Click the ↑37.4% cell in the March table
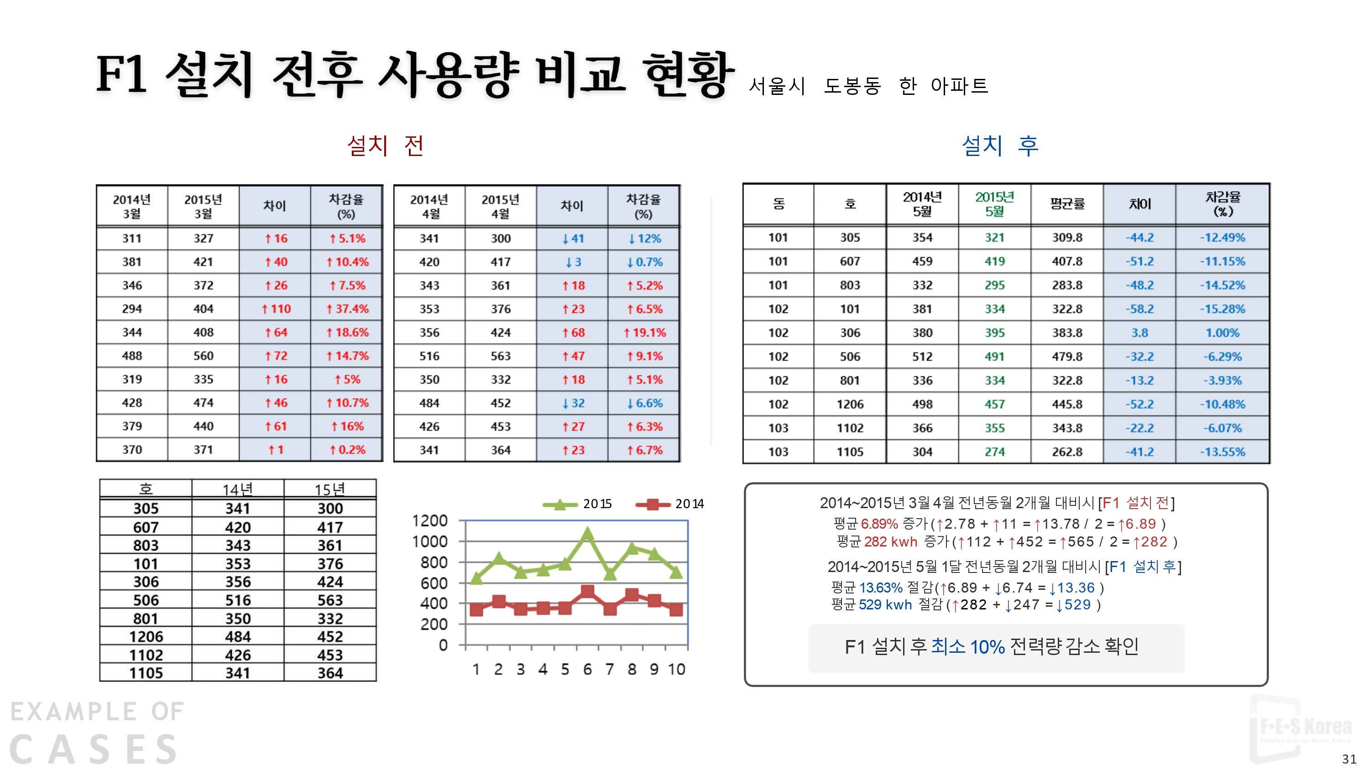pyautogui.click(x=346, y=309)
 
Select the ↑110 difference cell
pyautogui.click(x=275, y=309)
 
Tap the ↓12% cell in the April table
pyautogui.click(x=643, y=239)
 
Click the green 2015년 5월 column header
pyautogui.click(x=994, y=204)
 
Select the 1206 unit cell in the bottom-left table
pyautogui.click(x=146, y=637)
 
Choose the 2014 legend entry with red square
pyautogui.click(x=669, y=504)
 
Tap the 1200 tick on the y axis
pyautogui.click(x=430, y=521)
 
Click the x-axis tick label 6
pyautogui.click(x=587, y=670)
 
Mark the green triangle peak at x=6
pyautogui.click(x=587, y=532)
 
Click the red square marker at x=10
pyautogui.click(x=675, y=609)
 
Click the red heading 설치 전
pyautogui.click(x=385, y=145)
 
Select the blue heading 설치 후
pyautogui.click(x=999, y=145)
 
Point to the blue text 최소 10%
pyautogui.click(x=967, y=647)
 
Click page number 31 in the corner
pyautogui.click(x=1349, y=759)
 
